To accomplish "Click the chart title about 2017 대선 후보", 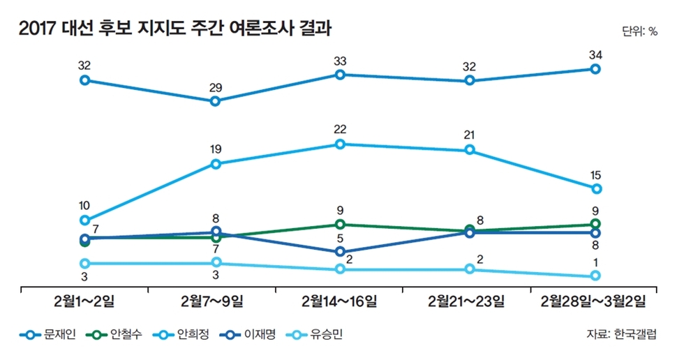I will point(175,29).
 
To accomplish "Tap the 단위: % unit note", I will point(639,31).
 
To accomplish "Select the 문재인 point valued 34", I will point(595,69).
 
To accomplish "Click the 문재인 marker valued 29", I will point(215,101).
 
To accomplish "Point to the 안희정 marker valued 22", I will point(340,144).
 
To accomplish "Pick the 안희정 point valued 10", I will point(85,220).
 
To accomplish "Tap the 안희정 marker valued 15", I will point(595,189).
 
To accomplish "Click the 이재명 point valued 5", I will point(340,252).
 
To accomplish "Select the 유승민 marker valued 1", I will point(595,276).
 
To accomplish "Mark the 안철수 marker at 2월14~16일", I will point(340,225).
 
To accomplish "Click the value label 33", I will point(340,60).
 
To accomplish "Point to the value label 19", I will point(215,149).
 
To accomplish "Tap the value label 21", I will point(470,135).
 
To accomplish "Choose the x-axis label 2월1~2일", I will point(85,301).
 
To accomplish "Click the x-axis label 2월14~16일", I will point(340,301).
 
